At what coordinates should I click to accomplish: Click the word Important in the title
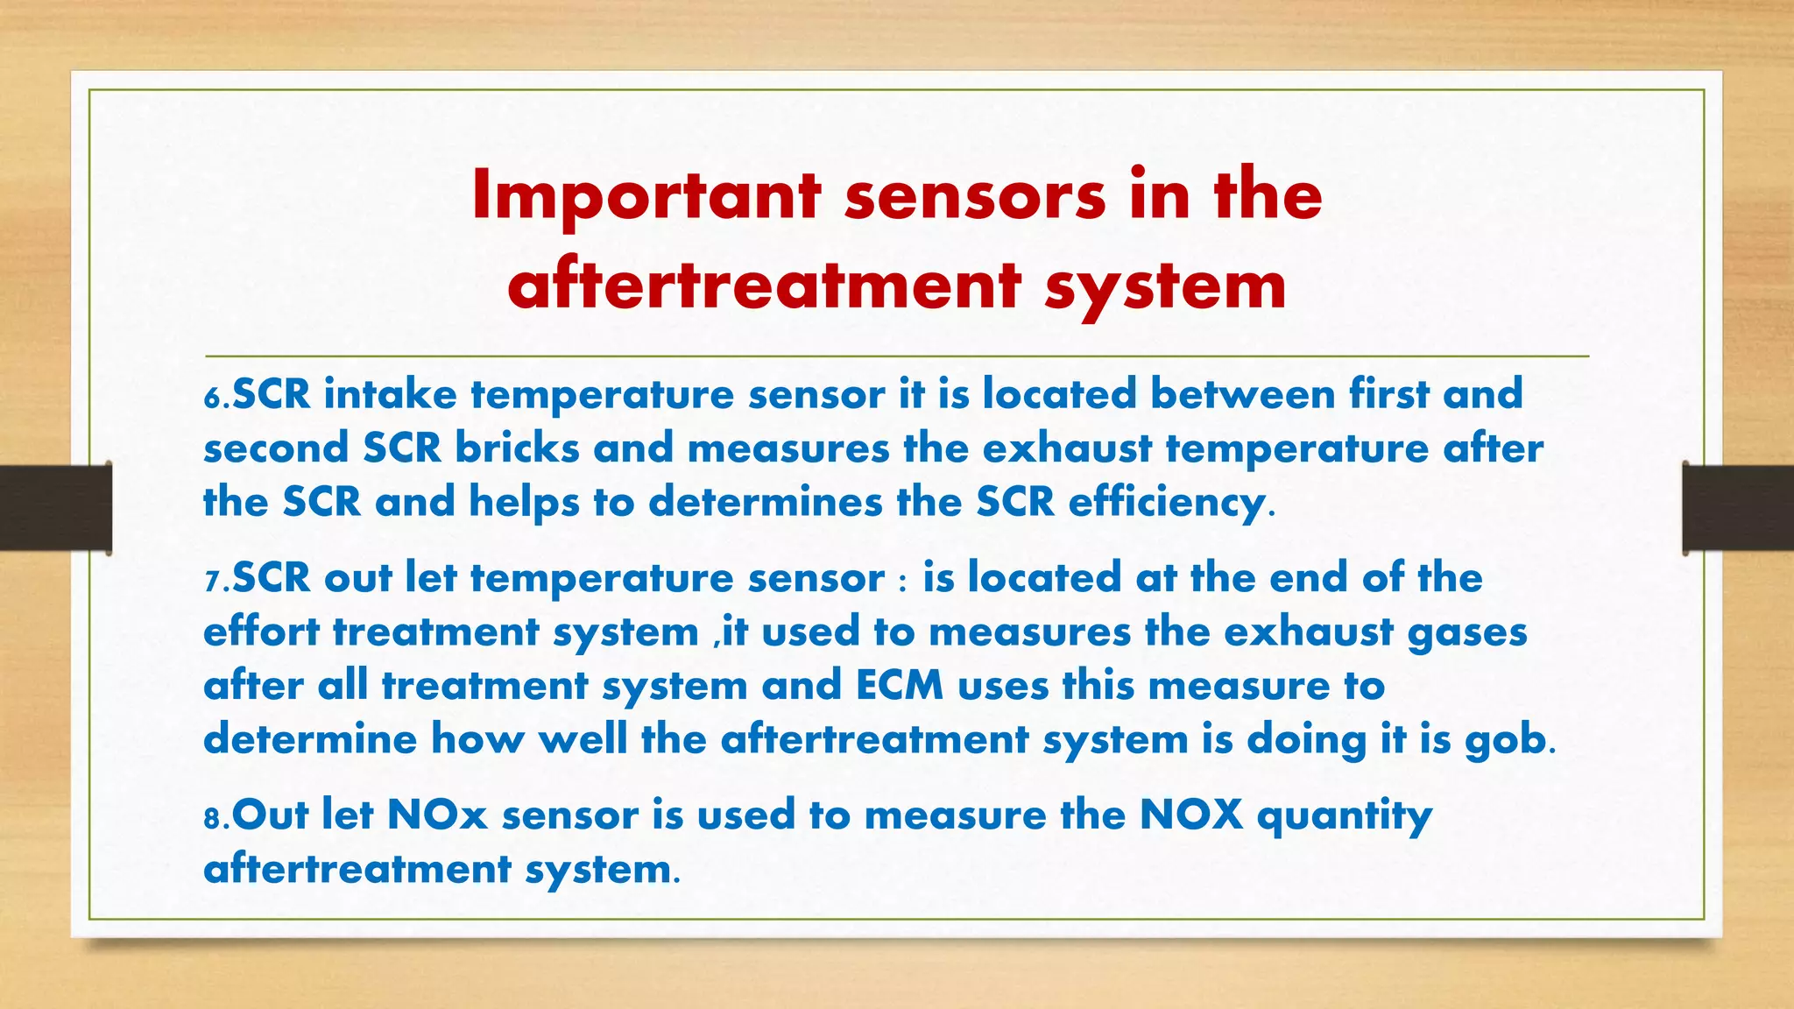[646, 197]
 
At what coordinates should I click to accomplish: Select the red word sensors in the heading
[975, 197]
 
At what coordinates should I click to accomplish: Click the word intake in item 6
[390, 394]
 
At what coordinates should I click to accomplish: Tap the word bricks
[517, 448]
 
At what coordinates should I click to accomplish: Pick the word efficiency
[1167, 503]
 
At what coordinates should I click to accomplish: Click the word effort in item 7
[261, 632]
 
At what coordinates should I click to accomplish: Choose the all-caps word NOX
[1191, 815]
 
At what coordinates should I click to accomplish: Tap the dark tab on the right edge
[1738, 508]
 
